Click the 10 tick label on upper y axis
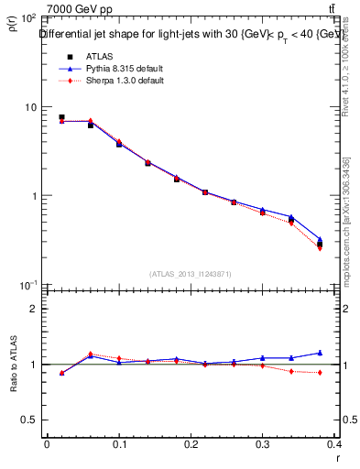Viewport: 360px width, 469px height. pos(28,107)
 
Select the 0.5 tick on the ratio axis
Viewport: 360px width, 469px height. pos(29,420)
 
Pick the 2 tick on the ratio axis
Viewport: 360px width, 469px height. pos(33,309)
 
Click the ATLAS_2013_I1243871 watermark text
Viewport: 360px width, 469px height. pos(191,274)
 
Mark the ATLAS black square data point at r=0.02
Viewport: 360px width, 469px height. pos(61,117)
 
